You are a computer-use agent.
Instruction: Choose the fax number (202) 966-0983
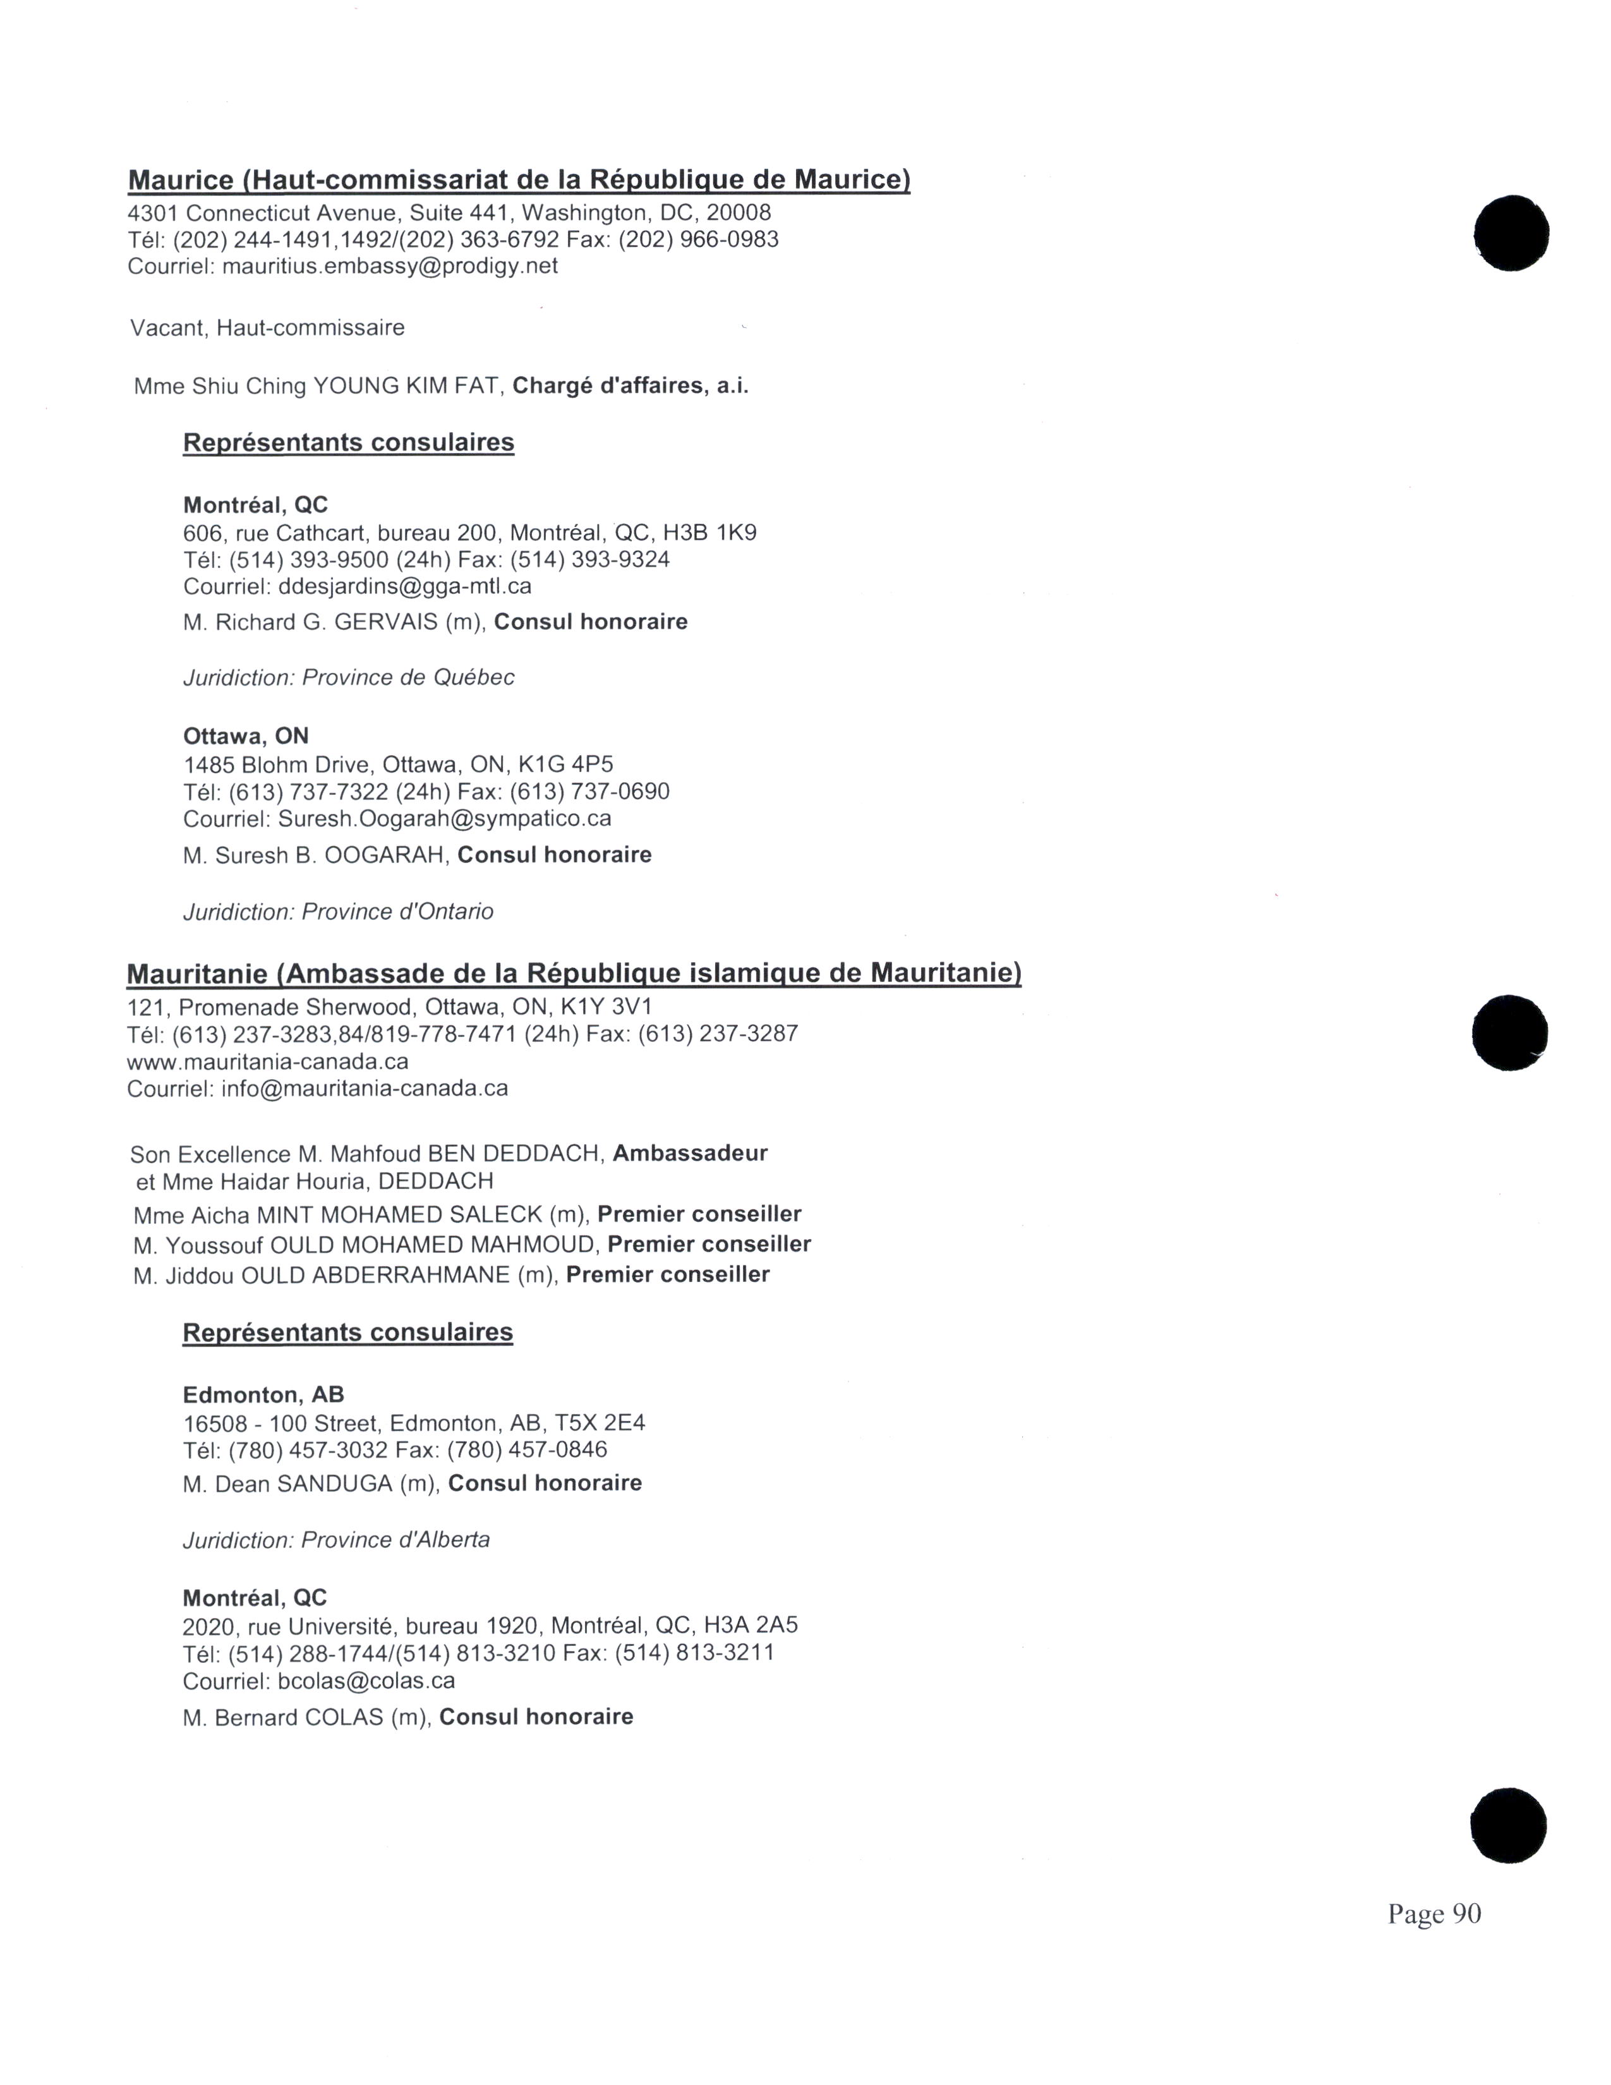click(699, 239)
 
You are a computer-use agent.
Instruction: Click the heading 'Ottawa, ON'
click(245, 736)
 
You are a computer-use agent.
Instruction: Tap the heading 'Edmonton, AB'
click(263, 1395)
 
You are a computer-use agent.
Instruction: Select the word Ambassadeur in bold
click(690, 1153)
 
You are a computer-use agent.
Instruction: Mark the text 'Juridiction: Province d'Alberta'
click(336, 1540)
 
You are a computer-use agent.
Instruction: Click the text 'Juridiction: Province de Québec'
click(348, 678)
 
